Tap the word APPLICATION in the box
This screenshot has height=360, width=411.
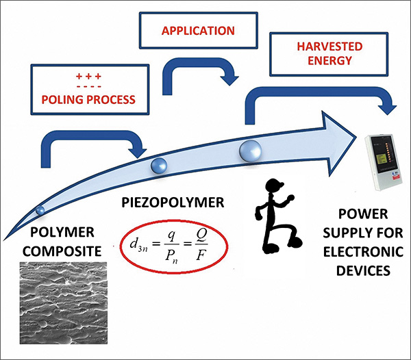198,31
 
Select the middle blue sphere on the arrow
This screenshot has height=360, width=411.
160,164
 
